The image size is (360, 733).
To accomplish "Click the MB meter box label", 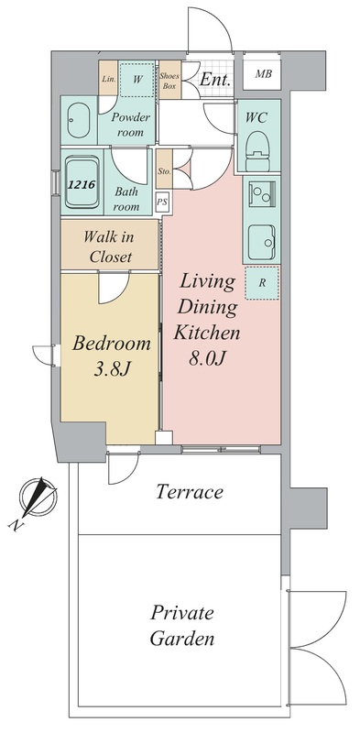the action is [x=262, y=74].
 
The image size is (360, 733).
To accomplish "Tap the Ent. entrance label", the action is [x=215, y=79].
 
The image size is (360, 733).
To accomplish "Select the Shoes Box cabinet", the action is [x=169, y=80].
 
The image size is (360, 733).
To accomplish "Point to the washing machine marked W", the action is [x=137, y=80].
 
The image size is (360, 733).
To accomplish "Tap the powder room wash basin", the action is [x=78, y=120].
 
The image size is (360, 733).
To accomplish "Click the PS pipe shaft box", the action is [x=162, y=202].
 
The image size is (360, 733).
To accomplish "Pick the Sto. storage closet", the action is [x=165, y=171].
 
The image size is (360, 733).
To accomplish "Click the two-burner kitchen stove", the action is [x=261, y=193].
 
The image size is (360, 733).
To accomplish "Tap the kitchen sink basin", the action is [x=261, y=243].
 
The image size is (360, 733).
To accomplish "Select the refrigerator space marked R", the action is [x=262, y=283].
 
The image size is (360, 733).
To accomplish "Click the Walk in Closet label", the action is [x=110, y=246].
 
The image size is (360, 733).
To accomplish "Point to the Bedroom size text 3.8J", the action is [x=112, y=369].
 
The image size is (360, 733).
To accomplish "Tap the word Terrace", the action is [x=190, y=492].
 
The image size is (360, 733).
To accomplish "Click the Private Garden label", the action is [x=182, y=626].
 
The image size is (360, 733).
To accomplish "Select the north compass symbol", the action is [x=37, y=497].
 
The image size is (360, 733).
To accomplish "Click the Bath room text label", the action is [x=126, y=198].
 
